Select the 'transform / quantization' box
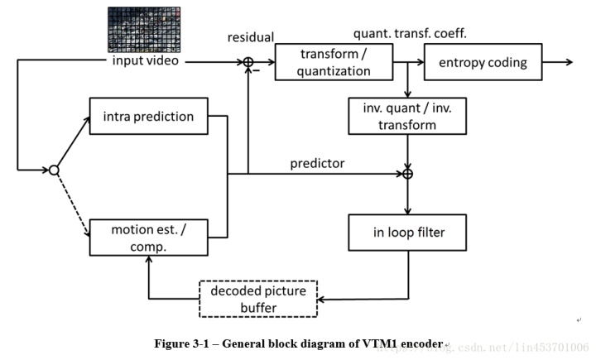click(x=335, y=63)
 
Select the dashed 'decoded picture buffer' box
click(x=257, y=299)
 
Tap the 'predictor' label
click(x=317, y=163)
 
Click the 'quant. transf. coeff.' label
click(x=411, y=34)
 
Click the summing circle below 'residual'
click(x=248, y=62)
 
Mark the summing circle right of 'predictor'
click(x=407, y=174)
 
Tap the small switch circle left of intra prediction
click(x=54, y=170)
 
